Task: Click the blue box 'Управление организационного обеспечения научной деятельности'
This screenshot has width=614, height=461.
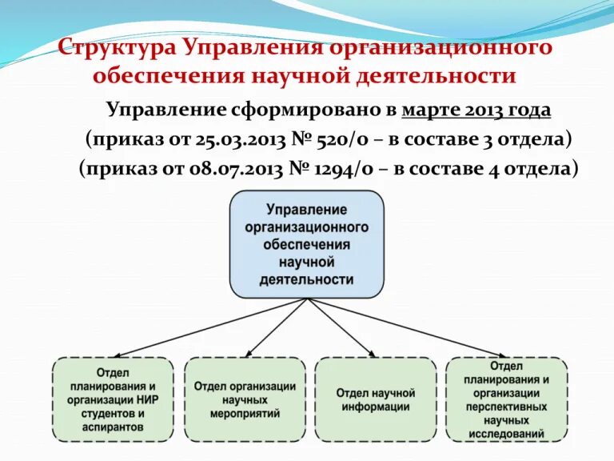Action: point(307,244)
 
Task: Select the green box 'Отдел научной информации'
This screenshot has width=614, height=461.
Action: point(376,399)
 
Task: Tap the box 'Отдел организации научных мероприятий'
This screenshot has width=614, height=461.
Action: point(245,399)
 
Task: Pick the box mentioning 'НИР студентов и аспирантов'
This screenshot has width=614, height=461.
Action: point(113,399)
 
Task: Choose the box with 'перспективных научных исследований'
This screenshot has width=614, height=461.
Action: point(507,399)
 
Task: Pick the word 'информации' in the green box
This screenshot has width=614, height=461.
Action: point(376,407)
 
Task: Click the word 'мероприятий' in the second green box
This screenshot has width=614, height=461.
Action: point(245,414)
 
